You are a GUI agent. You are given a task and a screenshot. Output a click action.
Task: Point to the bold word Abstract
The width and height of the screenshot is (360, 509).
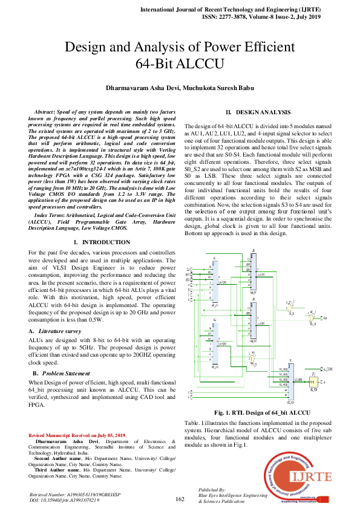pyautogui.click(x=45, y=113)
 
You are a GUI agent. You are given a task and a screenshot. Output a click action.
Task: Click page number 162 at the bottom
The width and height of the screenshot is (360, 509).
pyautogui.click(x=180, y=499)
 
